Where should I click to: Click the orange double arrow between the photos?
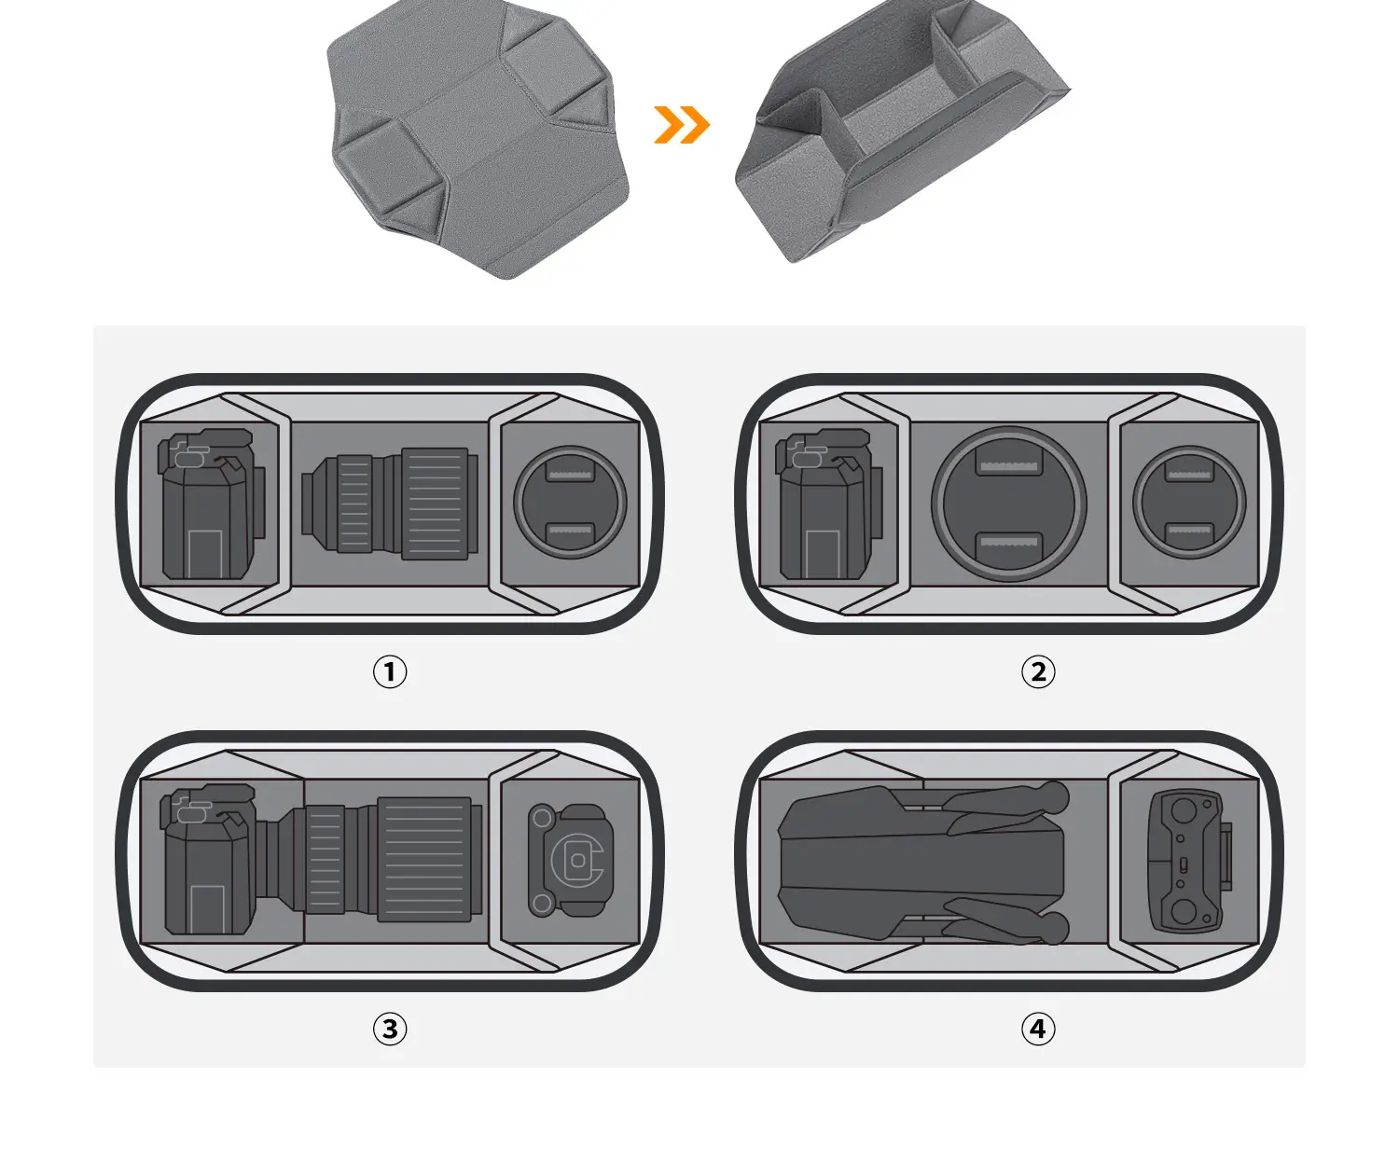pyautogui.click(x=682, y=125)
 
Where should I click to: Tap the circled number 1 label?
pyautogui.click(x=389, y=672)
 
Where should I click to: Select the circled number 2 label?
pyautogui.click(x=1038, y=672)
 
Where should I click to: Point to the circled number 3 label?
pyautogui.click(x=389, y=1029)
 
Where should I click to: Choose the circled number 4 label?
pyautogui.click(x=1038, y=1029)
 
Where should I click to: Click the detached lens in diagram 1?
pyautogui.click(x=390, y=504)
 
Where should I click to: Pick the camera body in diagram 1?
pyautogui.click(x=211, y=504)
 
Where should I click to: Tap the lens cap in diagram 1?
pyautogui.click(x=570, y=503)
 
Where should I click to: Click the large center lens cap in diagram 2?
pyautogui.click(x=1009, y=504)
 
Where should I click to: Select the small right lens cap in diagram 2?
pyautogui.click(x=1189, y=503)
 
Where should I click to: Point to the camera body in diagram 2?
pyautogui.click(x=829, y=504)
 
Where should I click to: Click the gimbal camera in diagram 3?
pyautogui.click(x=570, y=860)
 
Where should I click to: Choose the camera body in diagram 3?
pyautogui.click(x=208, y=860)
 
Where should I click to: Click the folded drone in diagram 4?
pyautogui.click(x=923, y=863)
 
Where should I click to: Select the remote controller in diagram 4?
pyautogui.click(x=1189, y=862)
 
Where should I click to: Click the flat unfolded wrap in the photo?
pyautogui.click(x=478, y=137)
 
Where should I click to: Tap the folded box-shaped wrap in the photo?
pyautogui.click(x=903, y=131)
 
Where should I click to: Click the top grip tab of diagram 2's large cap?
pyautogui.click(x=1009, y=465)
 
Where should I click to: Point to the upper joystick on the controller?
pyautogui.click(x=1184, y=810)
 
